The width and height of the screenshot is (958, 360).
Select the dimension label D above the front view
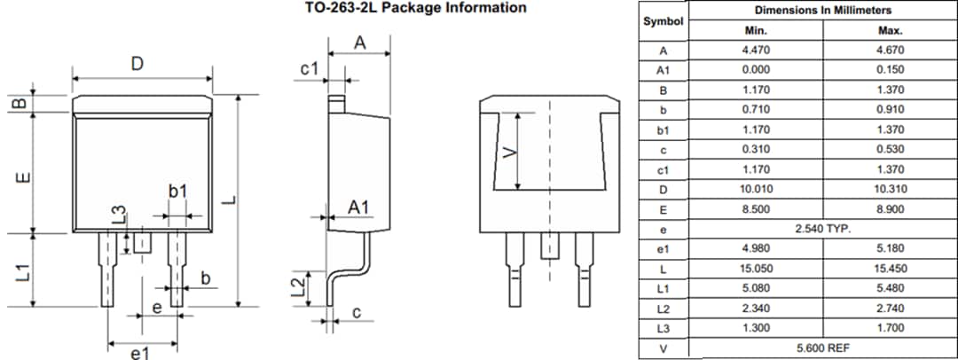point(137,65)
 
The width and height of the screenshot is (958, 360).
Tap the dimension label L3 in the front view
point(120,215)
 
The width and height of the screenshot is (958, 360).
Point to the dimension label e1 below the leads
point(139,353)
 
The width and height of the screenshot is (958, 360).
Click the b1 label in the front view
point(177,192)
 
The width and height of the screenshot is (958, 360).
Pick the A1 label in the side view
point(358,207)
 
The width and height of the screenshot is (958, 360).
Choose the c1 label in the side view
point(309,69)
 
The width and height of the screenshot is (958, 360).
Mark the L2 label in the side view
point(300,286)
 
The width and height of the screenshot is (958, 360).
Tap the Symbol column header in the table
point(663,20)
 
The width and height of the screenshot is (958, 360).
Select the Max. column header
point(889,30)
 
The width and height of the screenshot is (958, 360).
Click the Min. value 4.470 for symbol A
point(755,51)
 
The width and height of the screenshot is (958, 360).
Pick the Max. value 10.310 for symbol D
point(889,190)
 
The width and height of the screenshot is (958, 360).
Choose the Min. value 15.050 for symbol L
point(755,269)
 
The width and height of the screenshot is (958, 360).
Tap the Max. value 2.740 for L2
point(889,309)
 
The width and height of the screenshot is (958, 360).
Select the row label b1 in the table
point(663,130)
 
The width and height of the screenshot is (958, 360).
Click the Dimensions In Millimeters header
point(822,11)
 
